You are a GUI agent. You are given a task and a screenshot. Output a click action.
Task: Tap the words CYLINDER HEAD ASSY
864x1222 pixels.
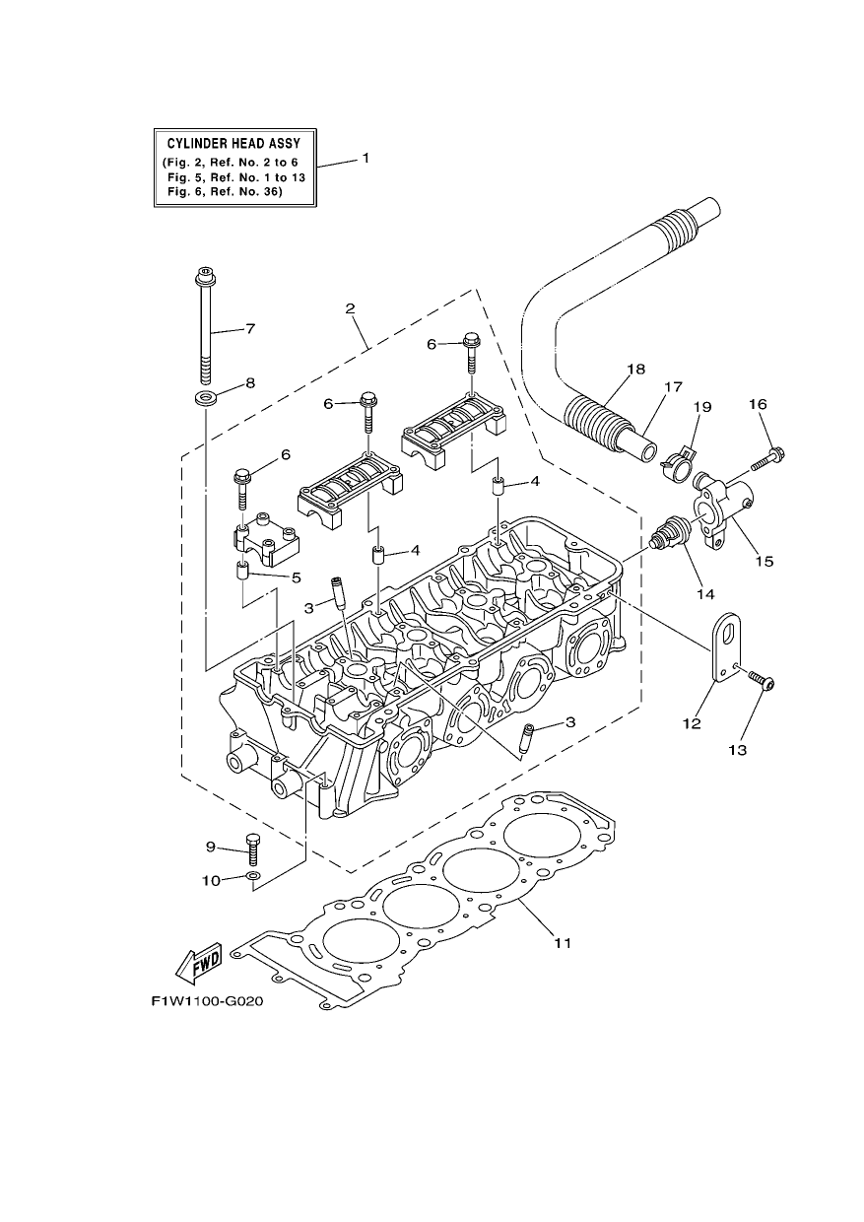(234, 144)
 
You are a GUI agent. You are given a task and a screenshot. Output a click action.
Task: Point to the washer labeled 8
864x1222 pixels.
(205, 396)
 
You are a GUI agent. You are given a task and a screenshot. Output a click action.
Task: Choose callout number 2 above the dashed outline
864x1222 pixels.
(350, 308)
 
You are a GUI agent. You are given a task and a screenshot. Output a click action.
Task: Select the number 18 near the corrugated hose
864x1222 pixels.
(636, 370)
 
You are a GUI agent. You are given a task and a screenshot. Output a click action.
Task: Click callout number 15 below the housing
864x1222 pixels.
(764, 562)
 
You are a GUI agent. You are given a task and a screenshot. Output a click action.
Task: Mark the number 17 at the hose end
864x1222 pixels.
(674, 386)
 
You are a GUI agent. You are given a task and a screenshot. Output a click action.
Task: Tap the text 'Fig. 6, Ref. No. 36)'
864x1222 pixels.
(225, 192)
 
